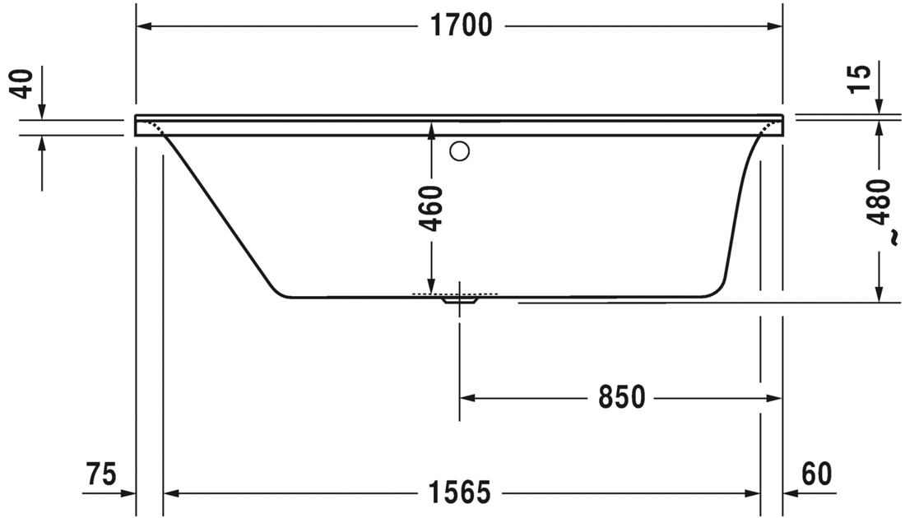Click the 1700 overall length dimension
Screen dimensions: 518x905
click(462, 26)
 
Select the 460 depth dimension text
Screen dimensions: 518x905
click(431, 209)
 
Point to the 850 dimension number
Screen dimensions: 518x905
click(621, 398)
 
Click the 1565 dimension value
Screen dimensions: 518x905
click(461, 493)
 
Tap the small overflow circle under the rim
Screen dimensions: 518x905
click(460, 150)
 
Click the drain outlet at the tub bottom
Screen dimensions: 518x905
click(459, 301)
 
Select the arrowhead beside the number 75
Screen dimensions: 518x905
click(127, 493)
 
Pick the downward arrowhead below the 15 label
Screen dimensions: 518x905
click(879, 106)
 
